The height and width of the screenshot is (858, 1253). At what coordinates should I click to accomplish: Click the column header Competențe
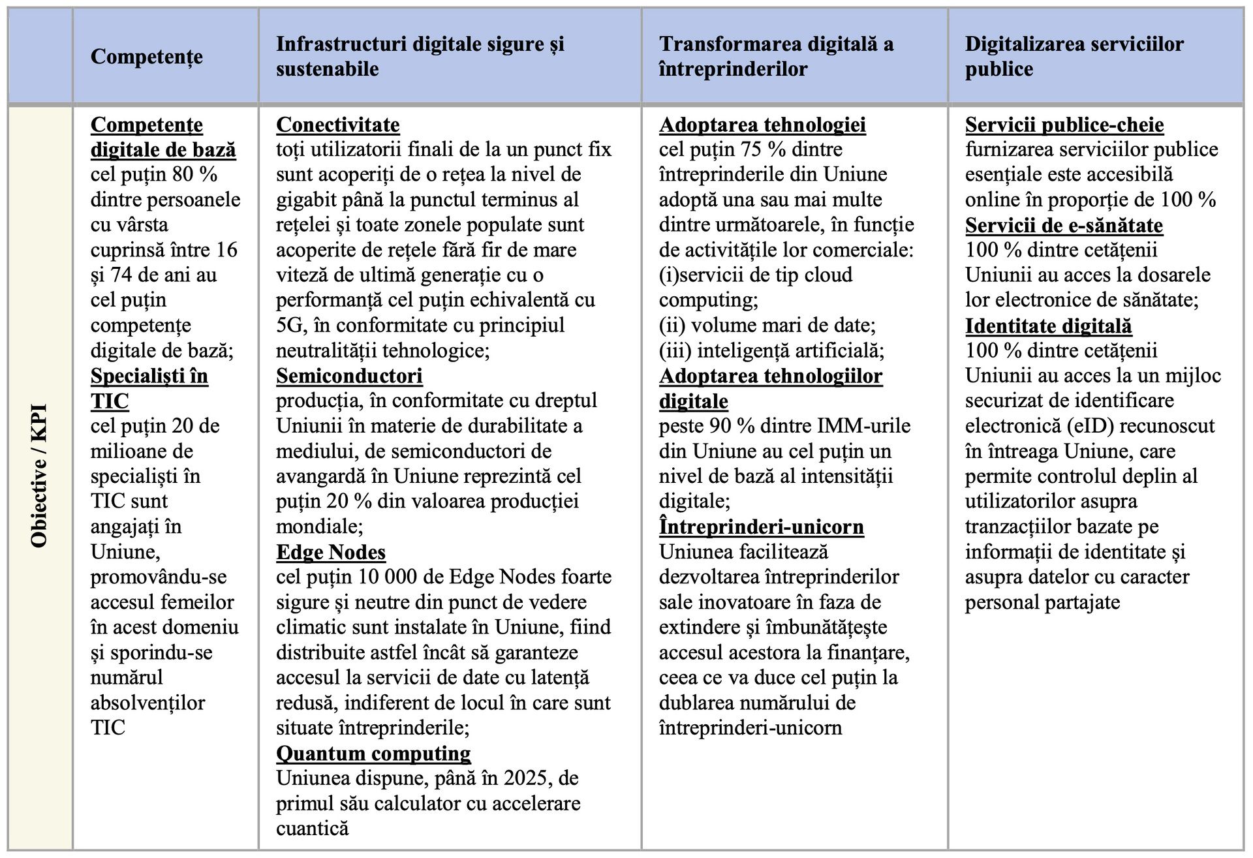point(147,57)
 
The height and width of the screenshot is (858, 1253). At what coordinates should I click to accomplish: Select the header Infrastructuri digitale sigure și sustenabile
point(420,56)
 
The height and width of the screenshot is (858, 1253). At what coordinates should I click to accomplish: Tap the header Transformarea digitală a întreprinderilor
point(776,56)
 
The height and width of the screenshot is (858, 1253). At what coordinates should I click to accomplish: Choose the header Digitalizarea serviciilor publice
point(1074,56)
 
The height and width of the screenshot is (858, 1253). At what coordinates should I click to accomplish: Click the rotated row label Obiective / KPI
point(39,476)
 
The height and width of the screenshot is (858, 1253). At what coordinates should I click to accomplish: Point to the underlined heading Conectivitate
point(337,125)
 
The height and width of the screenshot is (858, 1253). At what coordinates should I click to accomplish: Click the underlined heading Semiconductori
point(349,376)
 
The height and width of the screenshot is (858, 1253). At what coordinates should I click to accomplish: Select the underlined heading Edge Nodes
point(331,552)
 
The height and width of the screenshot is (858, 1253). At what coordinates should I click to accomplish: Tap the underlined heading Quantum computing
point(373,753)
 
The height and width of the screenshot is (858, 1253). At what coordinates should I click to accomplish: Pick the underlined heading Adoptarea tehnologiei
point(762,125)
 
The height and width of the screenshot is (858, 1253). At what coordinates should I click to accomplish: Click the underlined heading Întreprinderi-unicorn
point(761,527)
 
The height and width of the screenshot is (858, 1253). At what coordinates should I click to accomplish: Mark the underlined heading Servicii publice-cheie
point(1064,125)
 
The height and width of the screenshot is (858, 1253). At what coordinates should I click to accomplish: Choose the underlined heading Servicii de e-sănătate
point(1064,225)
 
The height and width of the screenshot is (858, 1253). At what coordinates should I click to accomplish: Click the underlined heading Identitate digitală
point(1048,326)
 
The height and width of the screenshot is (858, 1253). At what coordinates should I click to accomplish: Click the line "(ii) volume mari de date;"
point(767,326)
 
